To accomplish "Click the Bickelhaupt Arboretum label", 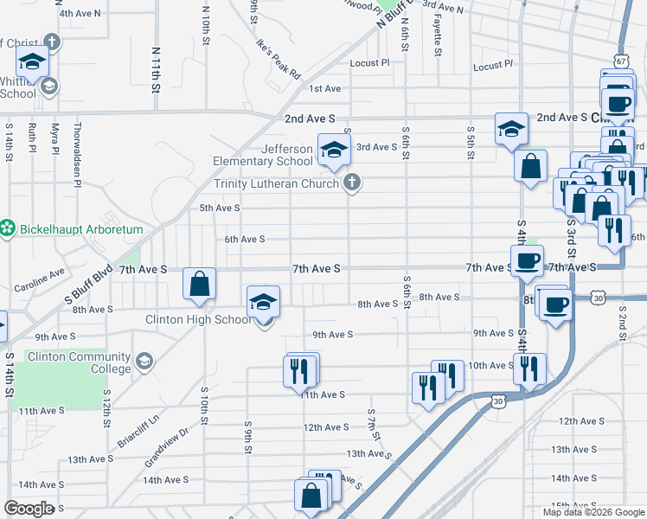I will point(63,228).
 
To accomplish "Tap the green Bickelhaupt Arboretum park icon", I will point(9,228).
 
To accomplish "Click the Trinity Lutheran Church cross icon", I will point(351,182).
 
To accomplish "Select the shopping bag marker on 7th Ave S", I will point(199,284).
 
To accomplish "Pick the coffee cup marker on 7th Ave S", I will point(526,260).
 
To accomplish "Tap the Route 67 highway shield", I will point(623,61).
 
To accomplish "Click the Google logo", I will point(29,508).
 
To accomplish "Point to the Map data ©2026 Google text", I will point(593,512).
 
